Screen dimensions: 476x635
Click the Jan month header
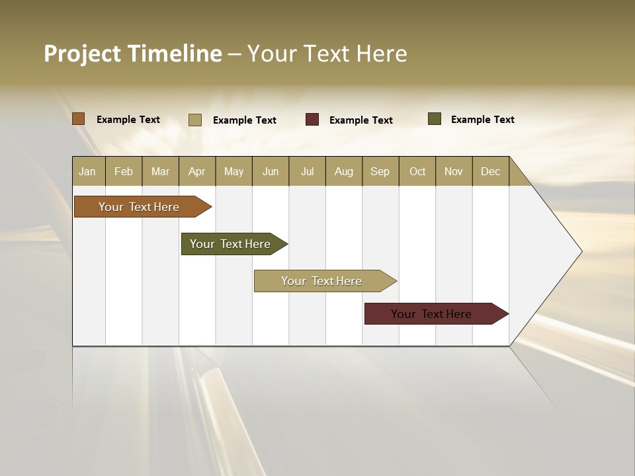[88, 171]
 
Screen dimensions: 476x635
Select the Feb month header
[124, 171]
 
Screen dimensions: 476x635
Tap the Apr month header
[197, 171]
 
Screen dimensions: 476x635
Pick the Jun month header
[271, 171]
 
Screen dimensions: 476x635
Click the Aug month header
[344, 171]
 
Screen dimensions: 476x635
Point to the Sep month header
[380, 171]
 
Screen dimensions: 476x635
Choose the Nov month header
[454, 171]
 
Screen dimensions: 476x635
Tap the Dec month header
[491, 171]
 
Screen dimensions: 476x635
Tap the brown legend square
[78, 119]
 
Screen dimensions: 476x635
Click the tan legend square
[195, 120]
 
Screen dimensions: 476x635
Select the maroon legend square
[312, 120]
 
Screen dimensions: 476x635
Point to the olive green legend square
[435, 119]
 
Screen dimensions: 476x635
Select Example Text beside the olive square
[482, 120]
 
